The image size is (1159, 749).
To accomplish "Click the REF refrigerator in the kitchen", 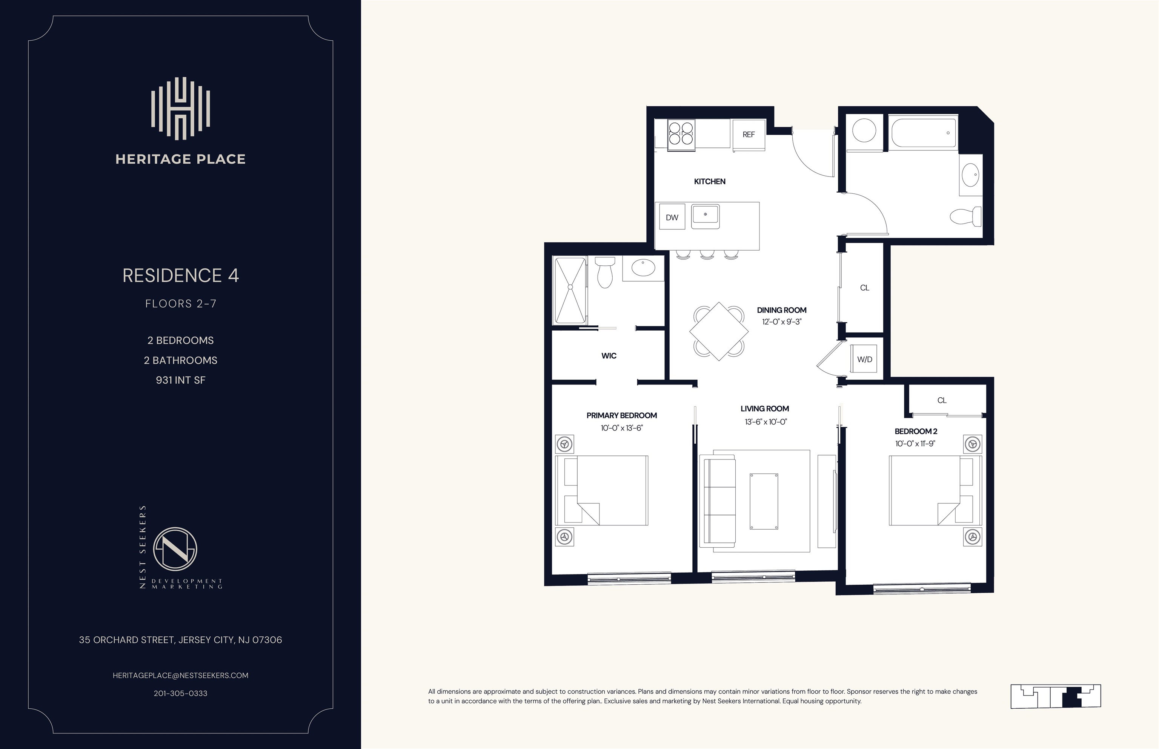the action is pos(749,134).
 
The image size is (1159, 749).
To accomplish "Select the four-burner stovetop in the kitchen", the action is pos(681,134).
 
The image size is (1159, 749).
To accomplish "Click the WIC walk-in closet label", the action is pos(609,356).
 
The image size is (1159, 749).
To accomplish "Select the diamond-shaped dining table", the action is pos(719,331).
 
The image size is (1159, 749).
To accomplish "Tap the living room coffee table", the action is pos(764,501).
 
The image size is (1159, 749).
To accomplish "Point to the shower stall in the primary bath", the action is pos(570,290).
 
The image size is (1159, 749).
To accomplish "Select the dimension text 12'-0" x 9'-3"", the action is pos(782,322).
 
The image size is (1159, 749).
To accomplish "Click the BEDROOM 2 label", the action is pos(916,431).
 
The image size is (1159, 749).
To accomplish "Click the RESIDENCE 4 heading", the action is pos(181,276).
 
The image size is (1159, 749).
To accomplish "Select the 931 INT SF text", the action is pos(181,380).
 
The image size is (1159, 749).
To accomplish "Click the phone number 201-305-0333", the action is pos(181,694).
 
